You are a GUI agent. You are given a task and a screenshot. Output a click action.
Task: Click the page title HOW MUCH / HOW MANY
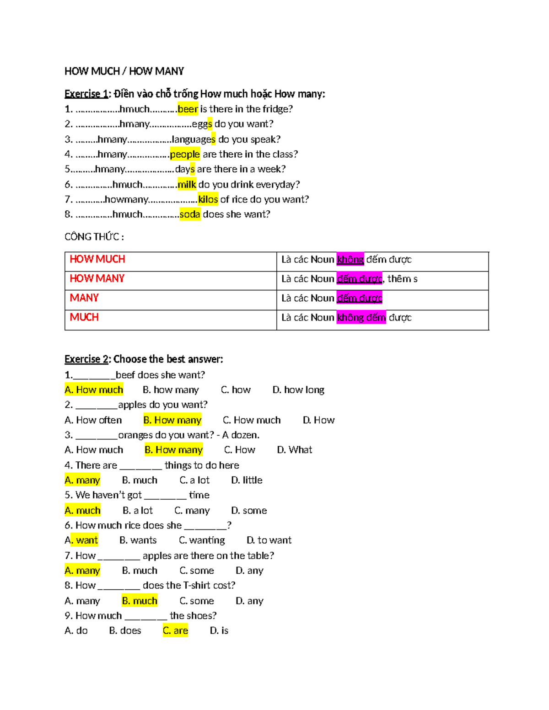pyautogui.click(x=124, y=71)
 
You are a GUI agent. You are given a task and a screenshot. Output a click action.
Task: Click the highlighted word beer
pyautogui.click(x=188, y=109)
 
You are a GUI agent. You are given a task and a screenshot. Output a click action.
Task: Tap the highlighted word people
pyautogui.click(x=185, y=154)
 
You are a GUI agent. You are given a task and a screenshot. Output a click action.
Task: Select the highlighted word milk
pyautogui.click(x=187, y=184)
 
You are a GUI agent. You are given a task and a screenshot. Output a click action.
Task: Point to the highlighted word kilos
pyautogui.click(x=208, y=199)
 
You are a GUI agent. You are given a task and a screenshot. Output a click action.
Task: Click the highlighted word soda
pyautogui.click(x=190, y=214)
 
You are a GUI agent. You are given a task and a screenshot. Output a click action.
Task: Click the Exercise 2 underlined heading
pyautogui.click(x=86, y=359)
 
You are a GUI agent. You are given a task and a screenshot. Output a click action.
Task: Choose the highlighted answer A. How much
pyautogui.click(x=94, y=390)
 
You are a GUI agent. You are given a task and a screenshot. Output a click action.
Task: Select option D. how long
pyautogui.click(x=298, y=390)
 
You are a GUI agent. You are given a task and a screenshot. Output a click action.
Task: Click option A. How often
pyautogui.click(x=93, y=420)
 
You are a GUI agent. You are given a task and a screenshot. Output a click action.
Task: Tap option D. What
pyautogui.click(x=295, y=450)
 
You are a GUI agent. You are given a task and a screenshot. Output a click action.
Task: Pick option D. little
pyautogui.click(x=247, y=480)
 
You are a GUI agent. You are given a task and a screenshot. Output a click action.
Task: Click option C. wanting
pyautogui.click(x=202, y=540)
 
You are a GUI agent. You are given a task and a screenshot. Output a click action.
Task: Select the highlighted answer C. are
pyautogui.click(x=176, y=631)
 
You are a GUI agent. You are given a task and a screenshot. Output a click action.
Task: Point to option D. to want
pyautogui.click(x=269, y=540)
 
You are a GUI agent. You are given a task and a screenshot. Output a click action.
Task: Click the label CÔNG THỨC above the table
pyautogui.click(x=94, y=237)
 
